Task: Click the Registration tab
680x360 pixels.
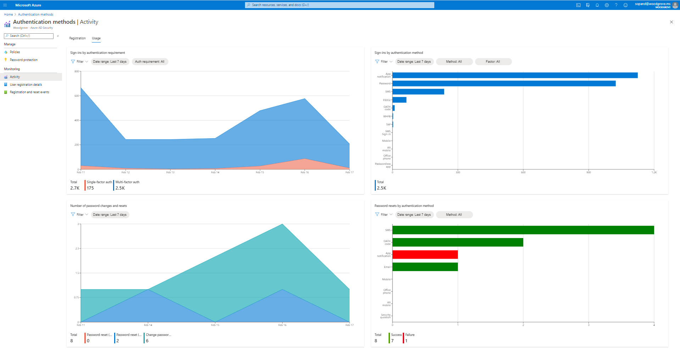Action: click(77, 38)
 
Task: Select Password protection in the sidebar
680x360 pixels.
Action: click(23, 60)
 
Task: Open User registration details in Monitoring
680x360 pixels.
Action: click(26, 85)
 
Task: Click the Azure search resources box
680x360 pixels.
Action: click(339, 5)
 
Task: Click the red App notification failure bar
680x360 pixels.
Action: click(425, 255)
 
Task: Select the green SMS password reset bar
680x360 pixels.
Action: click(523, 230)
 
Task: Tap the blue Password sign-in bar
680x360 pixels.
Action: click(503, 84)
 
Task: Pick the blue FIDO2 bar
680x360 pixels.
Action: click(399, 100)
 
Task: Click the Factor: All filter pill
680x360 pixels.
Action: click(493, 62)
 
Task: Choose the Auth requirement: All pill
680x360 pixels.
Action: click(150, 62)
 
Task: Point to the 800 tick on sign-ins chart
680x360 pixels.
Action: click(77, 71)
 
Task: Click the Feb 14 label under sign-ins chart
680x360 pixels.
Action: click(215, 173)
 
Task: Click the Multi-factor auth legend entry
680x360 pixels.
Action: click(127, 182)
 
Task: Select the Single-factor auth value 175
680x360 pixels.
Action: click(90, 188)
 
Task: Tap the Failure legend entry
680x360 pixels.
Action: click(410, 335)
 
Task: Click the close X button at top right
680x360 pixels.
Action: click(671, 22)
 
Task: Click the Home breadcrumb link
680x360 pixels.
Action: click(8, 15)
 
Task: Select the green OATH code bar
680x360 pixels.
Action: click(457, 242)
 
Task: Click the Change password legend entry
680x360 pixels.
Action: click(158, 335)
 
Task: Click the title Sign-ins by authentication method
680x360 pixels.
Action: click(398, 53)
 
